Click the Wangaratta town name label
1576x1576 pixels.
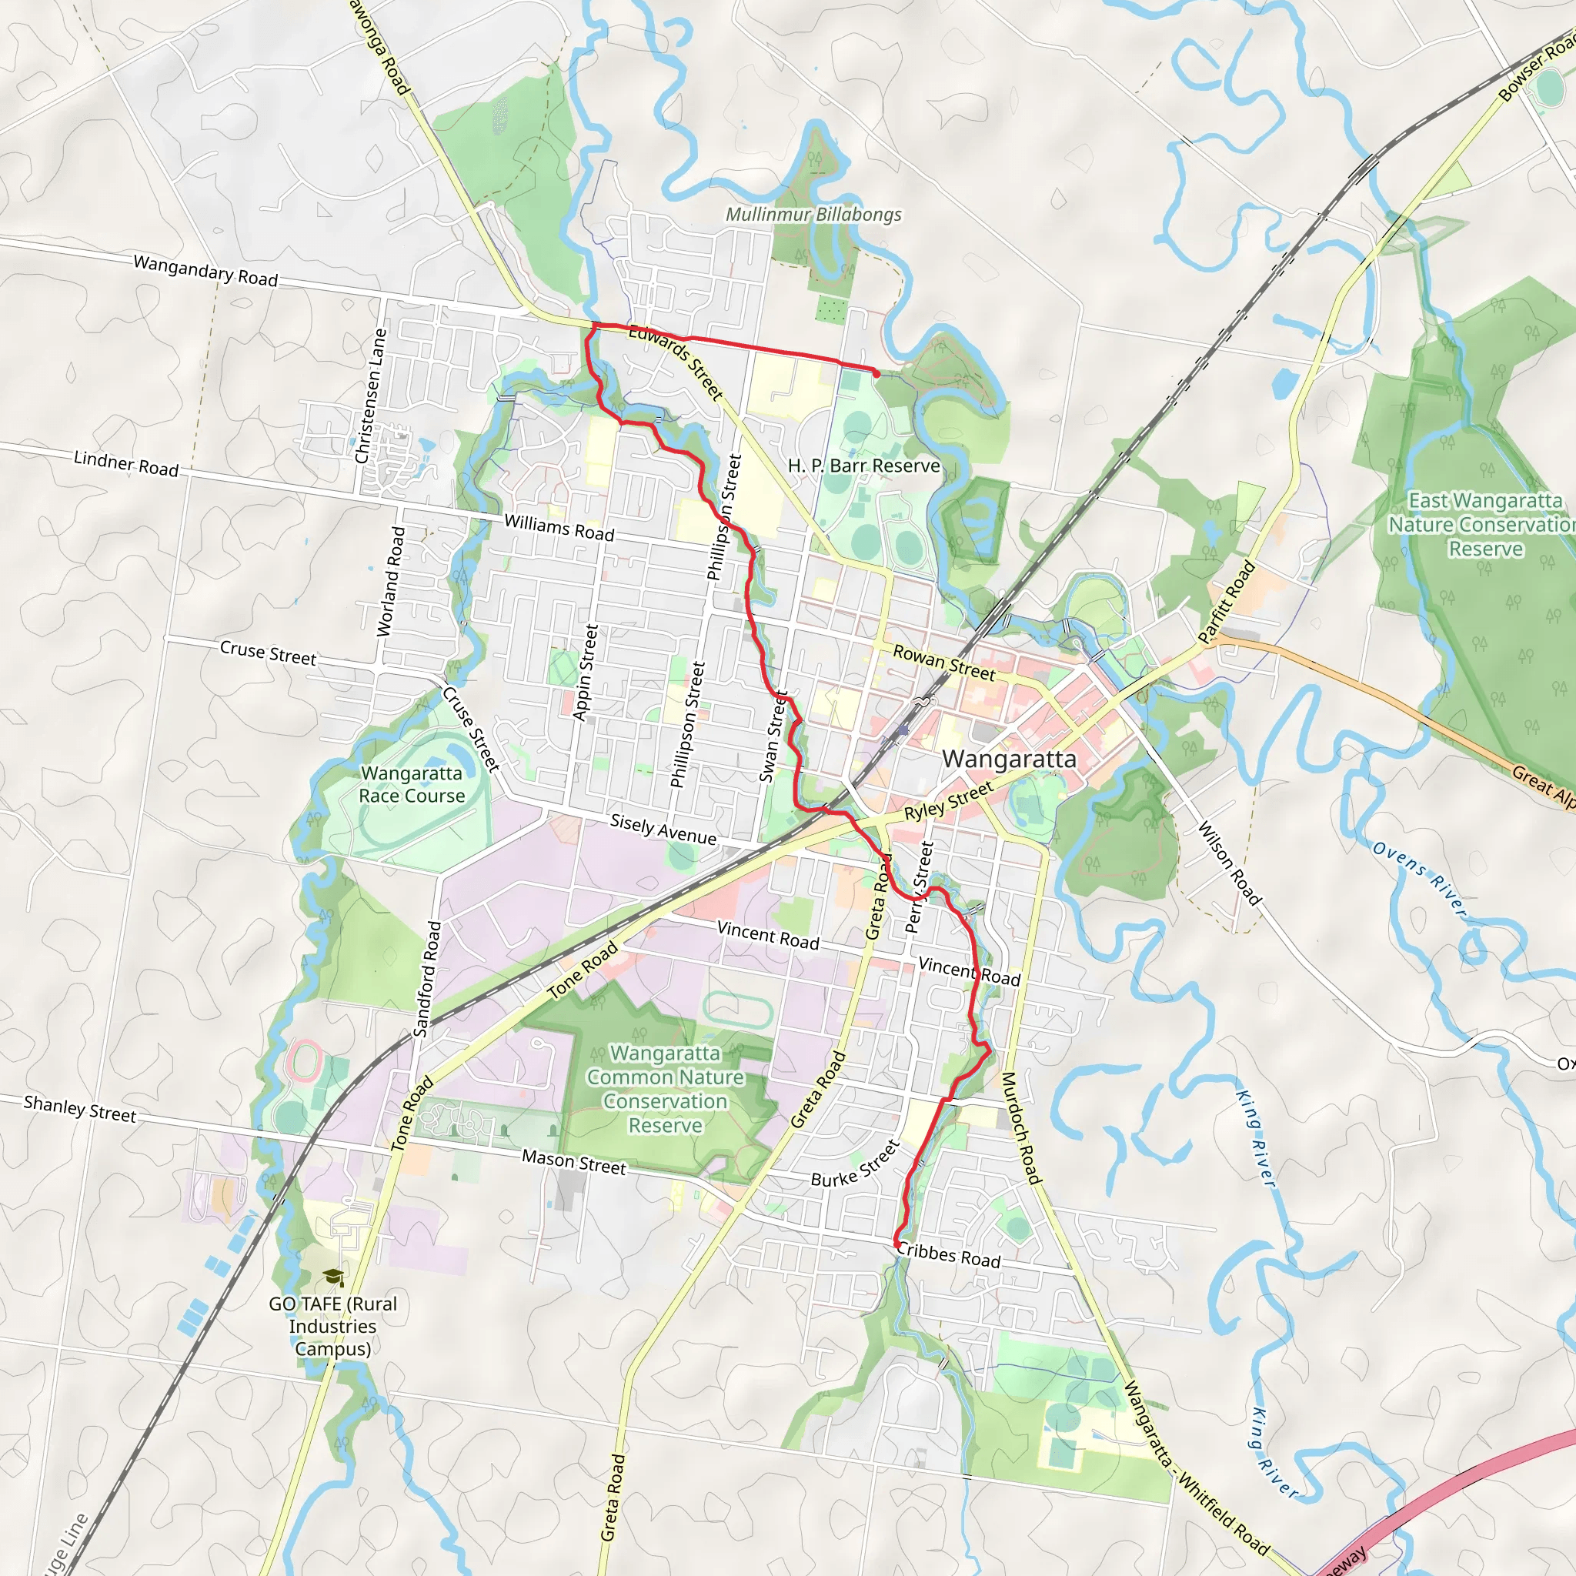(x=1009, y=760)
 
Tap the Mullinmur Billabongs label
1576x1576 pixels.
(x=813, y=215)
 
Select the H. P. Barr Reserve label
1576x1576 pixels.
(x=864, y=466)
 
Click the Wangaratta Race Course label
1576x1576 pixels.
(x=412, y=784)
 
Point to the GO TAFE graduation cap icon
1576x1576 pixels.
(x=332, y=1277)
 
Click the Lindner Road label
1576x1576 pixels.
(x=126, y=463)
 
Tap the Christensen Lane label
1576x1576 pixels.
(x=372, y=396)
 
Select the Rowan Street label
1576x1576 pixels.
(x=943, y=663)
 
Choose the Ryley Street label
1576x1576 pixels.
(x=949, y=800)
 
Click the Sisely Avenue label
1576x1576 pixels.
(x=663, y=829)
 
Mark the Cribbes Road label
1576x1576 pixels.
(x=949, y=1254)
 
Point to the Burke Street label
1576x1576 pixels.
(x=855, y=1164)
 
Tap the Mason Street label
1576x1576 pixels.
(x=574, y=1161)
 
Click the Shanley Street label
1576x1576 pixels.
(x=80, y=1109)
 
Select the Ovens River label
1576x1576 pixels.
(x=1419, y=880)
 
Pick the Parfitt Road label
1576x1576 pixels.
(x=1226, y=602)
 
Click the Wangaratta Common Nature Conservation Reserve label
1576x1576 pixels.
(x=666, y=1089)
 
